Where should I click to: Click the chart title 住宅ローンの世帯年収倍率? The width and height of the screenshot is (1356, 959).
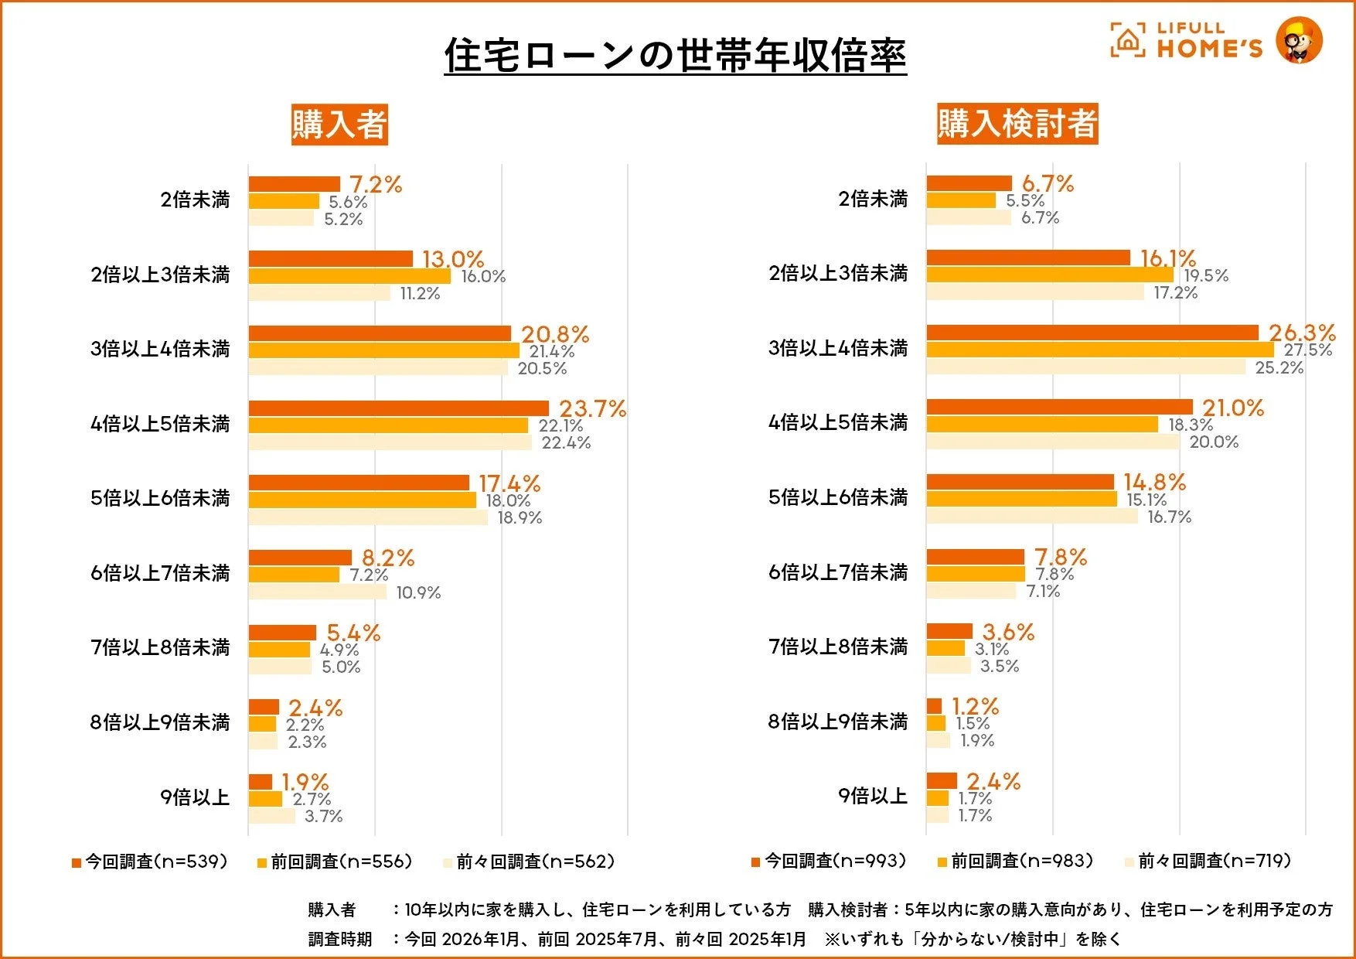pos(675,56)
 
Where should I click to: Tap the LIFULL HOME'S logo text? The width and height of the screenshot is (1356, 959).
pos(1208,40)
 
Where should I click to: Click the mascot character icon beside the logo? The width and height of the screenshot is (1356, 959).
pos(1299,40)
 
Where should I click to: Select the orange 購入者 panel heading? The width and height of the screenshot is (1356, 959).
pos(339,125)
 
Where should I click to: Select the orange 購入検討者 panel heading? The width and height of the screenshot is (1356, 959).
pos(1017,124)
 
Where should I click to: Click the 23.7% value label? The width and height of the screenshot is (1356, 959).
pos(592,408)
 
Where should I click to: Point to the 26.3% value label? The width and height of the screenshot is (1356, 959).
pos(1302,333)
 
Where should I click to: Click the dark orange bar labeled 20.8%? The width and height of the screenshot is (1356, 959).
pos(380,333)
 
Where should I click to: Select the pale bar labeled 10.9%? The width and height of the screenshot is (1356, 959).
pos(317,592)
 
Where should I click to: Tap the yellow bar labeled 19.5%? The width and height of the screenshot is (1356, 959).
pos(1050,275)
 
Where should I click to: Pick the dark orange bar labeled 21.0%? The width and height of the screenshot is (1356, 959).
pos(1059,407)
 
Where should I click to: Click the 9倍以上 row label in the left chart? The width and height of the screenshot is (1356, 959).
pos(195,797)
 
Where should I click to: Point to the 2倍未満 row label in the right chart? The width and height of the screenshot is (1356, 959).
pos(873,199)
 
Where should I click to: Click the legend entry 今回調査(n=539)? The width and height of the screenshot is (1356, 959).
pos(151,862)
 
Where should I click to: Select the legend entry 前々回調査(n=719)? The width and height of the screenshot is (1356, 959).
pos(1208,861)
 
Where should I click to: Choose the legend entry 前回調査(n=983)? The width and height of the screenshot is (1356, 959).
pos(1016,861)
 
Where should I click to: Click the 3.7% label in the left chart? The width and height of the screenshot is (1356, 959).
pos(323,816)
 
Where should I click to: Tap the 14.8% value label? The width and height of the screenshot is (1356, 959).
pos(1154,482)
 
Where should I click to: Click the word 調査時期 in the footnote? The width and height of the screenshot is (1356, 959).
pos(340,939)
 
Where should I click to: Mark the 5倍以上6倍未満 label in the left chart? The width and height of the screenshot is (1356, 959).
pos(160,498)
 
